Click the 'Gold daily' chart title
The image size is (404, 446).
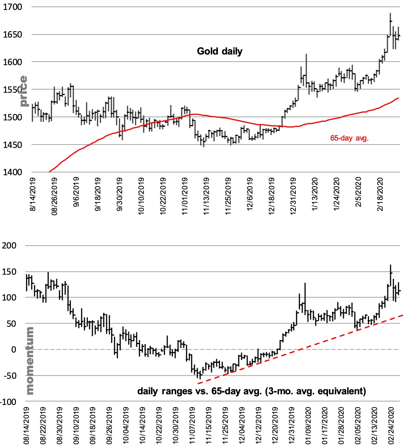coord(219,51)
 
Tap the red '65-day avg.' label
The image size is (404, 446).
coord(349,138)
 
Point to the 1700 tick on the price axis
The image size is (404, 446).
coord(12,7)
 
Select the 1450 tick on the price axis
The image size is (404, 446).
coord(12,145)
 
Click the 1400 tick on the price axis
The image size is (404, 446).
coord(12,172)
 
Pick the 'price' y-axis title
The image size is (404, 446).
coord(23,91)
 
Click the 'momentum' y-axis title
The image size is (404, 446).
coord(30,360)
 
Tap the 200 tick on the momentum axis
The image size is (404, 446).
coord(9,246)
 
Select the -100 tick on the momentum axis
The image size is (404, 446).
coord(8,402)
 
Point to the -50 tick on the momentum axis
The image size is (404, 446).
coord(9,376)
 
